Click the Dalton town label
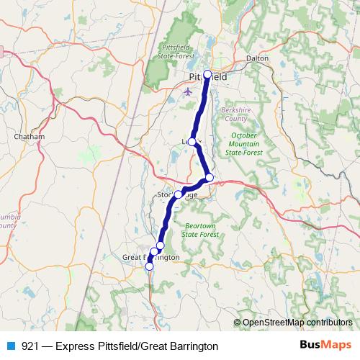tap(257, 58)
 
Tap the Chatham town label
tap(30, 136)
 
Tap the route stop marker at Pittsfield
tap(207, 74)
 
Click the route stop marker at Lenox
tap(192, 142)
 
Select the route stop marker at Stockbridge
tap(178, 194)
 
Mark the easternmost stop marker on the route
tap(210, 177)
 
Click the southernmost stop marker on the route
tap(149, 266)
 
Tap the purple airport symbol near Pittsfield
tap(189, 91)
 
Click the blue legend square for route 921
tap(10, 346)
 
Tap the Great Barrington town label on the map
tap(151, 257)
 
